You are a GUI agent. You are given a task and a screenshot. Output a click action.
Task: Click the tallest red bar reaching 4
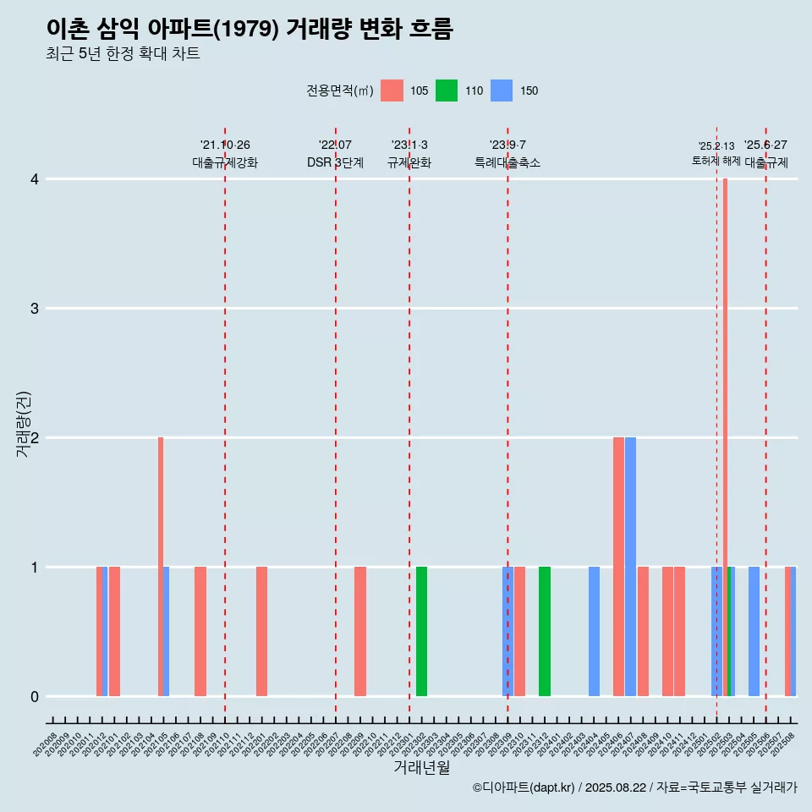725,437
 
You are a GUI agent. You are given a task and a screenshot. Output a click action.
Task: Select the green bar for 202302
421,631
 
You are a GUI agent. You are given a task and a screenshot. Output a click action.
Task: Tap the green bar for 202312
545,631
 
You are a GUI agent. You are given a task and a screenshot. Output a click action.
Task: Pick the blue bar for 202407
631,567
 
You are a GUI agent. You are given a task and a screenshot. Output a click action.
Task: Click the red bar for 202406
618,567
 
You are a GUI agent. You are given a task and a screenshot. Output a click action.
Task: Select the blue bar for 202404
594,631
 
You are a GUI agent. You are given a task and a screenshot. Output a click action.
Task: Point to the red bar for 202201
261,631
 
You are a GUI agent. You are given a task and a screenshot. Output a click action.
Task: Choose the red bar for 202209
360,631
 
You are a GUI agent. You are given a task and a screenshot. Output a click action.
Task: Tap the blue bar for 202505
754,631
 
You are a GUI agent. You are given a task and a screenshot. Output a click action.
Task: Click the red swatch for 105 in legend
392,91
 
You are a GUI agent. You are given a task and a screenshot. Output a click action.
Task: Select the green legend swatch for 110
447,91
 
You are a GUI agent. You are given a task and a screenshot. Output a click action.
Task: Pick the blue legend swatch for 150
502,91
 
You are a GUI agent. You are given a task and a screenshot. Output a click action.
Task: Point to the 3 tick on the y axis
35,309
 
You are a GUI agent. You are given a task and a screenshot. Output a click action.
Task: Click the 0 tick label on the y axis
35,697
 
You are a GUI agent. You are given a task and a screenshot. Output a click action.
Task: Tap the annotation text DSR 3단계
335,162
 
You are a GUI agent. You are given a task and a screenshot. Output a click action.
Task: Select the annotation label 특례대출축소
507,162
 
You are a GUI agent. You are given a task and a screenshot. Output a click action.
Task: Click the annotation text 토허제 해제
716,161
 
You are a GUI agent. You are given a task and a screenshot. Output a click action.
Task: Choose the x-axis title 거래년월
421,768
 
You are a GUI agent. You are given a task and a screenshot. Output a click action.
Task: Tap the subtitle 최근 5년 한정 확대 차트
123,54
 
